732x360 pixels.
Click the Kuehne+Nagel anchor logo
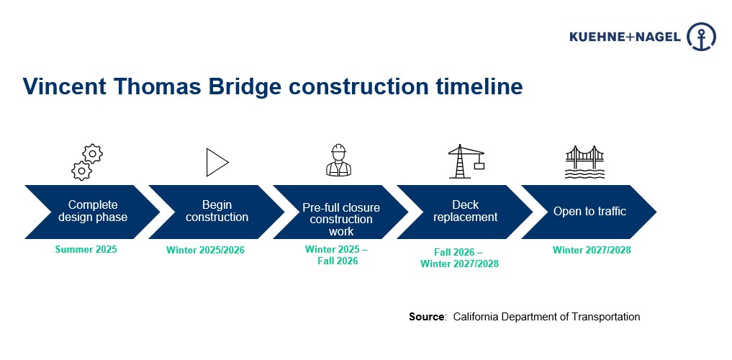[701, 37]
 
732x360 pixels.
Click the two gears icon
[87, 162]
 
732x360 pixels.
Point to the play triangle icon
[217, 163]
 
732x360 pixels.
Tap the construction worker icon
[338, 161]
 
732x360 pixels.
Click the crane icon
[466, 161]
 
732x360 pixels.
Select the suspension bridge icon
[584, 162]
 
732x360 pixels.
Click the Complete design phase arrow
[92, 212]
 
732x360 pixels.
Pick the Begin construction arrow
[217, 212]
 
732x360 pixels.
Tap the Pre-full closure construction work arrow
[340, 212]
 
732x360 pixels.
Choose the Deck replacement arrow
[465, 212]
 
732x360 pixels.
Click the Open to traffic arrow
[589, 212]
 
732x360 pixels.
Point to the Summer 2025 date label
[86, 250]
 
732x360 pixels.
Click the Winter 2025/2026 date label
[205, 251]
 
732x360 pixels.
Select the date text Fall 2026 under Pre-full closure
[338, 261]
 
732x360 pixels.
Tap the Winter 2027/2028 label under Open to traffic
[592, 251]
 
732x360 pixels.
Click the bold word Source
[427, 317]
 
